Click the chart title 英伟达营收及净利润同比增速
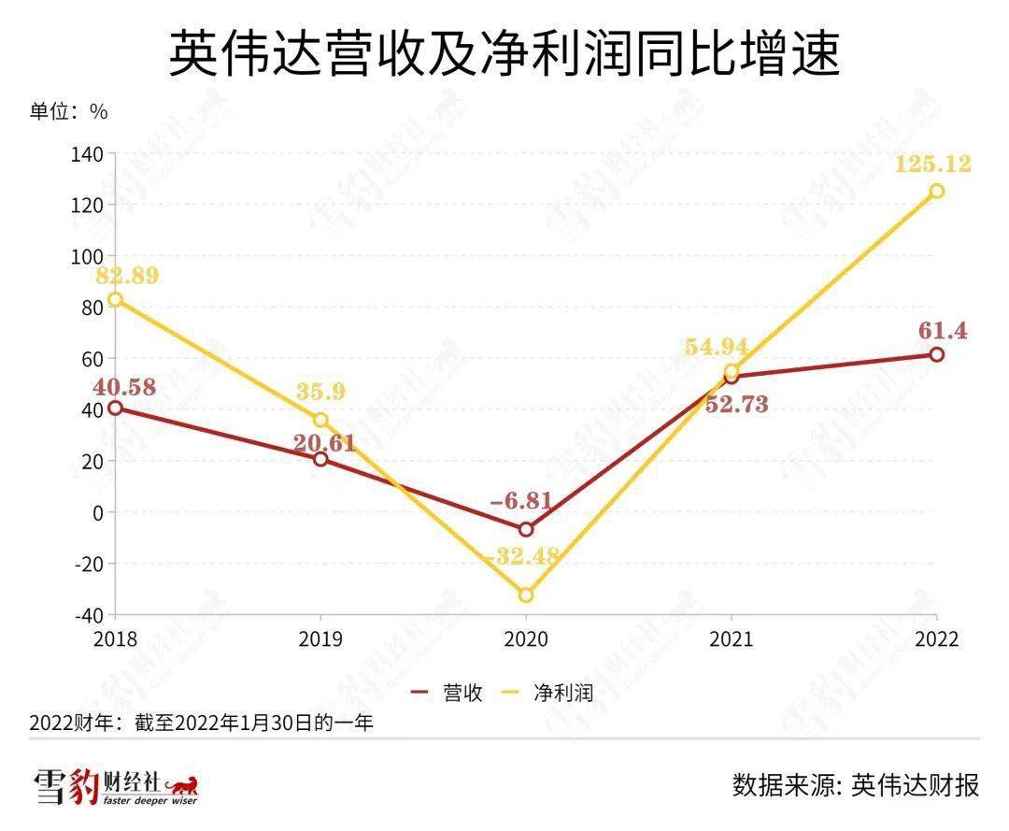point(504,53)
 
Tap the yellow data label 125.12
point(931,165)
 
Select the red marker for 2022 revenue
point(936,354)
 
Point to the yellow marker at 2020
point(526,595)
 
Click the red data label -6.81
point(522,500)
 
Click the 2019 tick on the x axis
point(320,638)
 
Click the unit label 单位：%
point(68,111)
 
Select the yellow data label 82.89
point(126,276)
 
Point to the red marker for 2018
point(115,408)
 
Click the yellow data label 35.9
point(321,392)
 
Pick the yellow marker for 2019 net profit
point(320,420)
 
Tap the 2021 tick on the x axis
point(731,638)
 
